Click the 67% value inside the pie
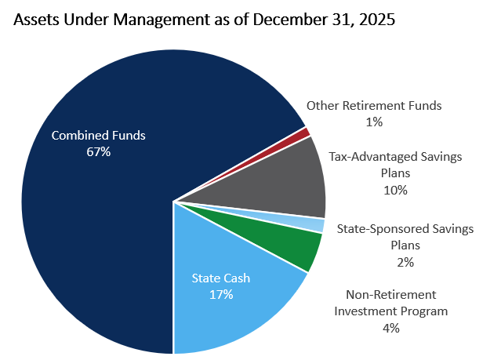[x=99, y=151]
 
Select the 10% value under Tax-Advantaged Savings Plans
[x=396, y=190]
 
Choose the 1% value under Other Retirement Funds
[x=374, y=122]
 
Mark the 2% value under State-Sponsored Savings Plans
[x=405, y=262]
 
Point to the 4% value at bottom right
[x=390, y=328]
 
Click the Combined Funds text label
[x=99, y=136]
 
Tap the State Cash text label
[x=222, y=278]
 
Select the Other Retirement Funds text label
[x=374, y=105]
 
